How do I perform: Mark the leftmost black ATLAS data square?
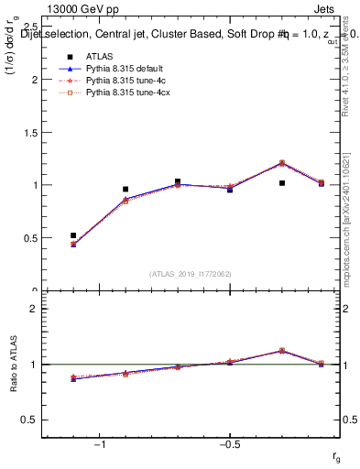click(x=73, y=235)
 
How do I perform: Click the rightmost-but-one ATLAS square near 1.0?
click(x=282, y=183)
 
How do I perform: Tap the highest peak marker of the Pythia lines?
click(x=282, y=163)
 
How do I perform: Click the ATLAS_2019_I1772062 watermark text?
click(x=191, y=274)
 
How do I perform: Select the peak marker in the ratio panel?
click(x=282, y=350)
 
